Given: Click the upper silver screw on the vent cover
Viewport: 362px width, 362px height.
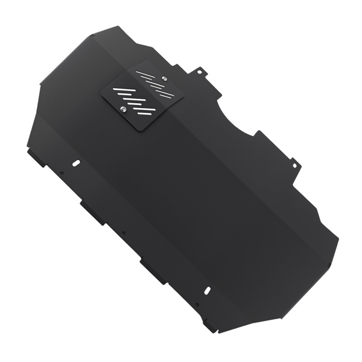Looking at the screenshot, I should click(165, 77).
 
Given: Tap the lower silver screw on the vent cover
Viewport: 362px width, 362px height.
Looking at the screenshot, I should click(124, 109).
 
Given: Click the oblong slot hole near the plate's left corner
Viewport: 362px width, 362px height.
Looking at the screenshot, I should click(76, 164).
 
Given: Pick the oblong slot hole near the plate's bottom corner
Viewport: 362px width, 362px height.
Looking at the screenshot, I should click(206, 290).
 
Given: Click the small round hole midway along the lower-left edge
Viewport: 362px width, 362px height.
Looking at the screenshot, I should click(123, 232).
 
